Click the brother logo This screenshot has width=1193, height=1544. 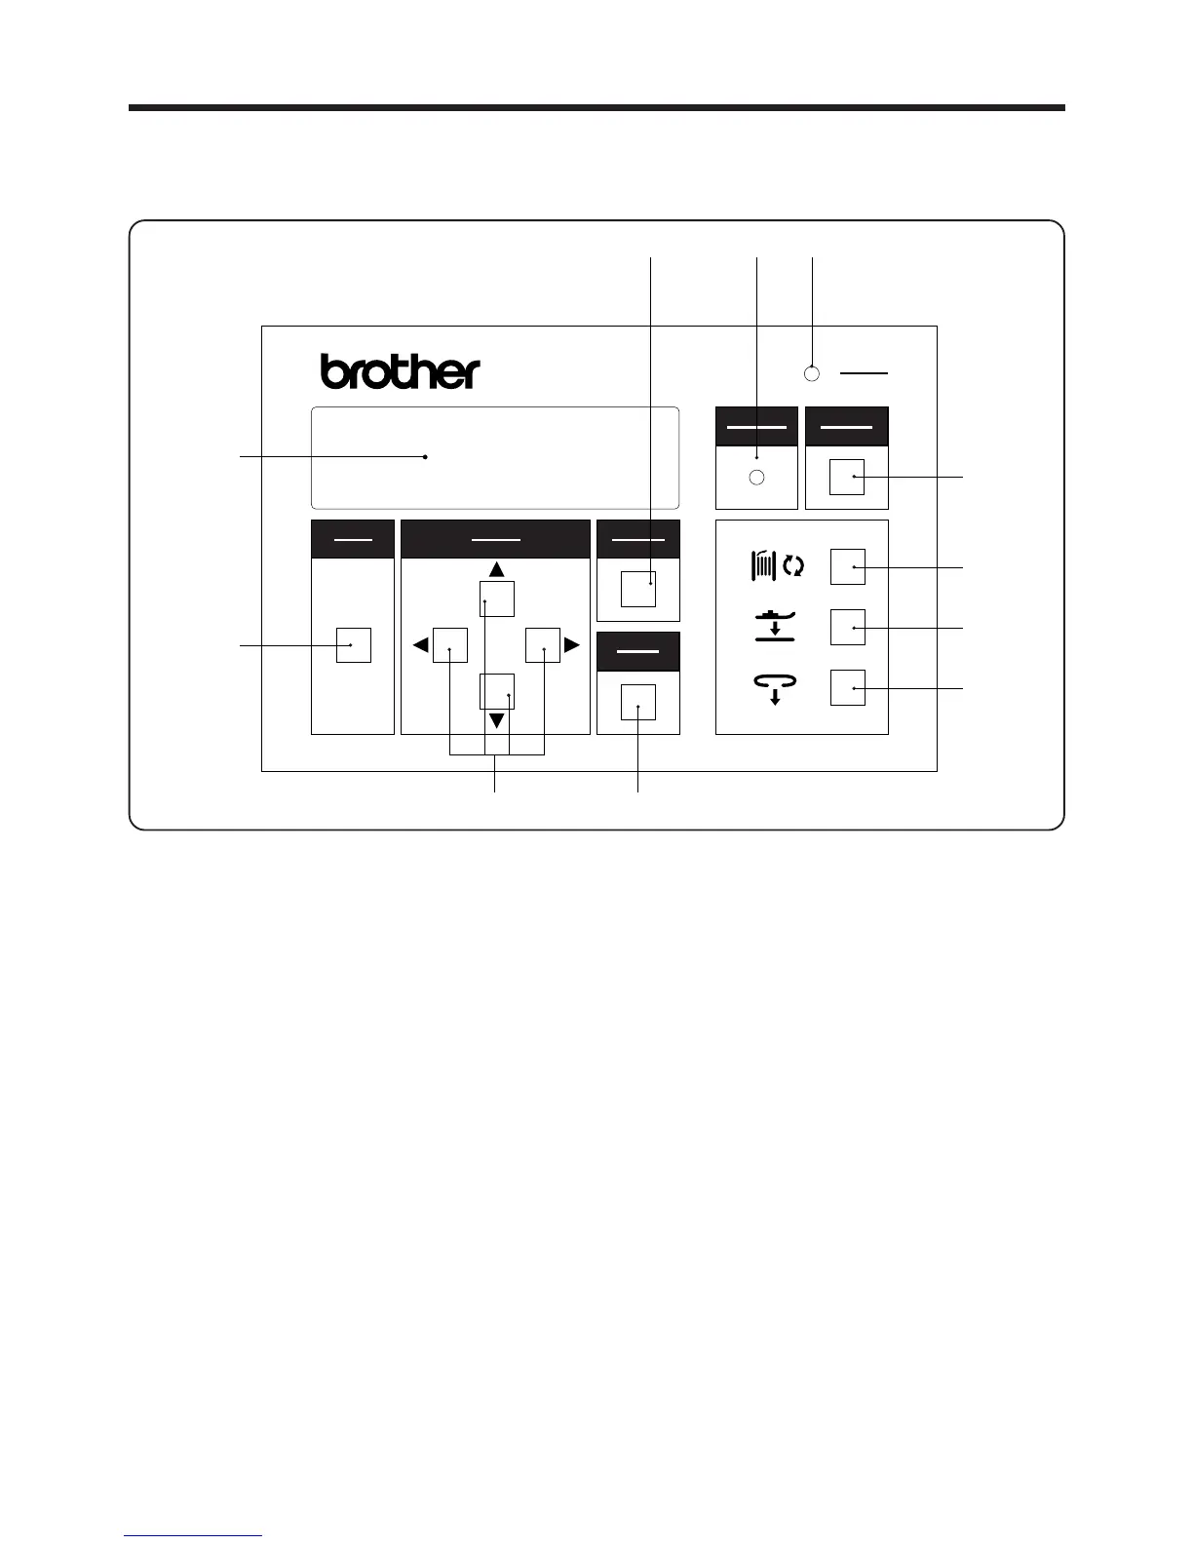click(400, 371)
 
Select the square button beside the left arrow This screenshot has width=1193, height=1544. click(450, 645)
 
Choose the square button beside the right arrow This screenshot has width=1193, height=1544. click(543, 645)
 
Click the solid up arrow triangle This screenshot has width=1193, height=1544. click(496, 568)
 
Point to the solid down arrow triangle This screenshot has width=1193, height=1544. click(496, 721)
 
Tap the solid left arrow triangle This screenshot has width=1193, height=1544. click(420, 645)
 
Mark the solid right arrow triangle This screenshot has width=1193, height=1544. click(572, 645)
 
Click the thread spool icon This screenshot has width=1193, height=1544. click(763, 566)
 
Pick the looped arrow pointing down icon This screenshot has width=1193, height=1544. click(775, 688)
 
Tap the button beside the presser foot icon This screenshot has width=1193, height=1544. click(848, 627)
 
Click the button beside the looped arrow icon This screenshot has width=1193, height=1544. click(848, 688)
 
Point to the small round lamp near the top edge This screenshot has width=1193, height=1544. click(812, 373)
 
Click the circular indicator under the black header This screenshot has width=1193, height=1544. click(756, 478)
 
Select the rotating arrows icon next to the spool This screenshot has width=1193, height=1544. click(793, 566)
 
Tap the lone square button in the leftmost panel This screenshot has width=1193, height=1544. click(353, 645)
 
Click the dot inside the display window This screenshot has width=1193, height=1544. click(426, 456)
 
